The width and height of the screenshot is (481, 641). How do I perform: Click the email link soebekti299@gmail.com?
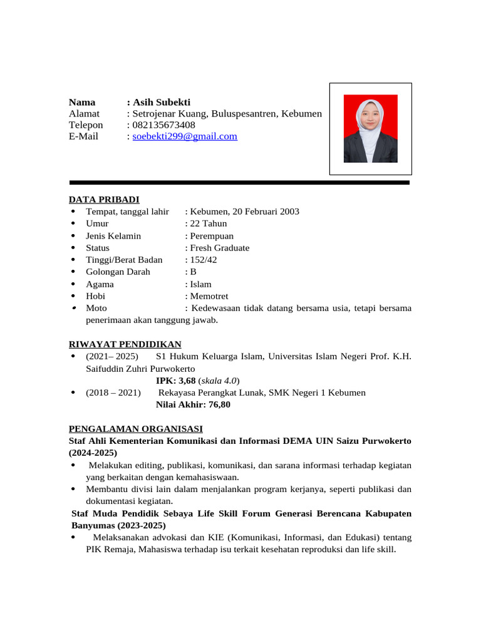(185, 136)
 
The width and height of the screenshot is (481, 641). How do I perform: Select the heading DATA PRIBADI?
(104, 200)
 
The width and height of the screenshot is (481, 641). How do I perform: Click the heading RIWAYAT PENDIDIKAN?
(125, 344)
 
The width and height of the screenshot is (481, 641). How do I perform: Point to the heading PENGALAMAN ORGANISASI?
(135, 429)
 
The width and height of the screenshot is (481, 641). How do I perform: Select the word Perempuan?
(212, 236)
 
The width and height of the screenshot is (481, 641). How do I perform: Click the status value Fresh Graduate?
(220, 248)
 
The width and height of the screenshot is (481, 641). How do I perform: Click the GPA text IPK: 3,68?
(176, 381)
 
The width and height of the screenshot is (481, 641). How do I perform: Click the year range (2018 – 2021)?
(112, 392)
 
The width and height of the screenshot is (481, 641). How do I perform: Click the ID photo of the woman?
(370, 129)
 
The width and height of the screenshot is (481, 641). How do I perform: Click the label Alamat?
(84, 114)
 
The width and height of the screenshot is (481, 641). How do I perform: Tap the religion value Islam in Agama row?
(201, 284)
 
